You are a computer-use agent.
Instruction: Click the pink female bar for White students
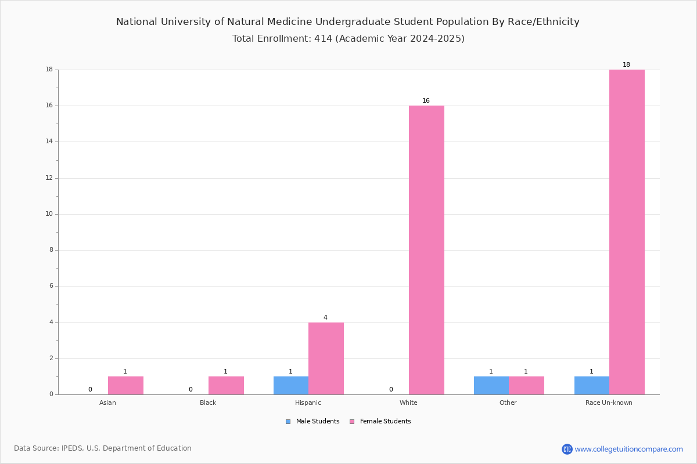point(426,250)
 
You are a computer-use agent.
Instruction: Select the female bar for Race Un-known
point(627,232)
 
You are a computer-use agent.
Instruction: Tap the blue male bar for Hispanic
point(291,386)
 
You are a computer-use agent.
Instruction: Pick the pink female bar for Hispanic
point(326,358)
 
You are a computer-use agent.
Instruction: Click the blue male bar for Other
point(491,386)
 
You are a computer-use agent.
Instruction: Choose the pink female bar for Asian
point(125,386)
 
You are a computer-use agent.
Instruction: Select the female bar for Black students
point(226,386)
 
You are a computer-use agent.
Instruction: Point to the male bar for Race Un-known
point(592,386)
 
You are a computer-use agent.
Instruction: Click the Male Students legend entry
point(312,422)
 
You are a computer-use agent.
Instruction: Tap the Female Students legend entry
point(380,422)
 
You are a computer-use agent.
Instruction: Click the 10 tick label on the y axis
point(49,214)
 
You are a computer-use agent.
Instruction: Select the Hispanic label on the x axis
point(308,403)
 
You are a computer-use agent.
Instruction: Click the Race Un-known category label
point(609,403)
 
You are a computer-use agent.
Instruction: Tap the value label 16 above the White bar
point(426,100)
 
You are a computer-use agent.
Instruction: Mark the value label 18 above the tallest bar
point(626,64)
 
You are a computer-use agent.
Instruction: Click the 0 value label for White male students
point(391,389)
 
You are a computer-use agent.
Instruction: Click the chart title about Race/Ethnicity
point(347,22)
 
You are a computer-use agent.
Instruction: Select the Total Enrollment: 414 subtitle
point(348,38)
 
